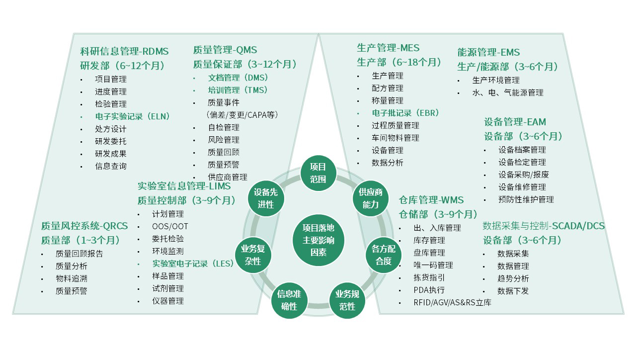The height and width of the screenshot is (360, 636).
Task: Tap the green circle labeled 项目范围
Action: pyautogui.click(x=318, y=173)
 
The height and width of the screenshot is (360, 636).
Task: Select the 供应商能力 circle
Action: pyautogui.click(x=371, y=198)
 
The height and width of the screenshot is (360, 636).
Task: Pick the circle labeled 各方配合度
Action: pyautogui.click(x=384, y=255)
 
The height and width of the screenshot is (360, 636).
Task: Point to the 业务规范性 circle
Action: pyautogui.click(x=347, y=300)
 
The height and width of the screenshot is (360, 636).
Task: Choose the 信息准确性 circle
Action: pyautogui.click(x=289, y=300)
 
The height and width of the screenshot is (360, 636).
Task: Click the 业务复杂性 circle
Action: pyautogui.click(x=253, y=255)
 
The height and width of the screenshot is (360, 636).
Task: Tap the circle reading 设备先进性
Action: pyautogui.click(x=266, y=198)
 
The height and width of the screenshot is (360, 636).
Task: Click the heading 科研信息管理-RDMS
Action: pyautogui.click(x=124, y=51)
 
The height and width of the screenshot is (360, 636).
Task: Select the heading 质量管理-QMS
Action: pyautogui.click(x=225, y=50)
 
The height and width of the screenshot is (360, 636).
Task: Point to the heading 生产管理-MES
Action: pyautogui.click(x=388, y=48)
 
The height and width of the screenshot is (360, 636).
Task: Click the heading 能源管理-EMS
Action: pyautogui.click(x=488, y=52)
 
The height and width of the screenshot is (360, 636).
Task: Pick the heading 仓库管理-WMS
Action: pyautogui.click(x=431, y=200)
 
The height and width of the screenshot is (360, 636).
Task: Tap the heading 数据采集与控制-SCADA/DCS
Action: pyautogui.click(x=544, y=226)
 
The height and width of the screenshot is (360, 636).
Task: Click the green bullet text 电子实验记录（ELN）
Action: pyautogui.click(x=133, y=116)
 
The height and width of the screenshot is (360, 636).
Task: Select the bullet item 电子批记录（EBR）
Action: pyautogui.click(x=405, y=113)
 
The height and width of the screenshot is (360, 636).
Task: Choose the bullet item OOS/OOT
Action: pyautogui.click(x=170, y=226)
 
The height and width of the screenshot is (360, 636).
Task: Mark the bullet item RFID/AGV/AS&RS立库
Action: pyautogui.click(x=452, y=302)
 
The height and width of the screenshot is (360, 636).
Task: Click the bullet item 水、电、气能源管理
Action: pyautogui.click(x=508, y=92)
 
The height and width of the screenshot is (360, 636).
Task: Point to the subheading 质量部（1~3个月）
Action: pyautogui.click(x=81, y=240)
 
